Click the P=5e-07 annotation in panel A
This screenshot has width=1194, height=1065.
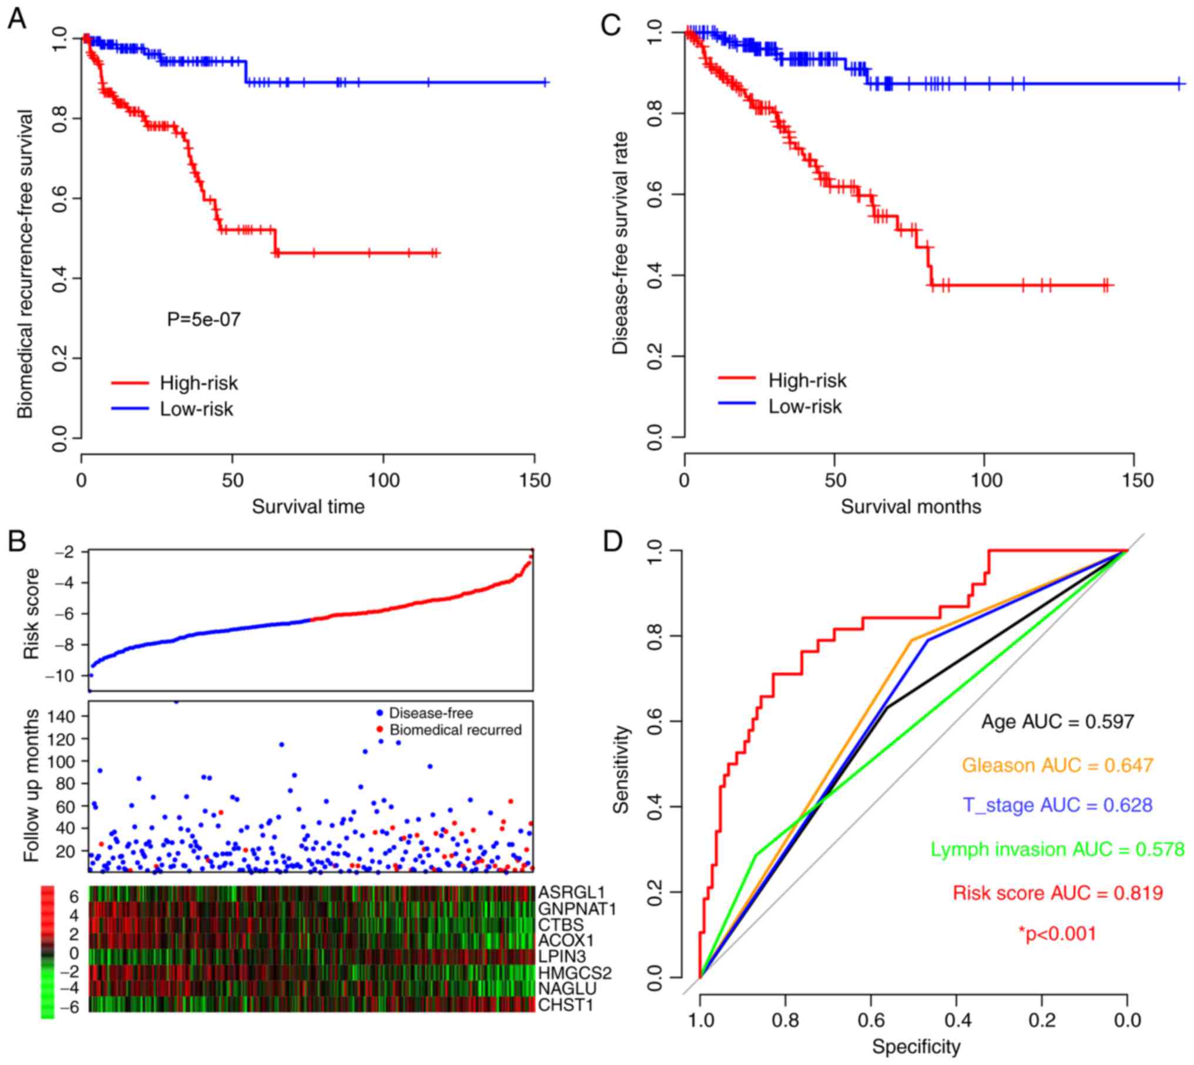pos(204,319)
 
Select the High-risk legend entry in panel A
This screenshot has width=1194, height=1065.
pos(199,383)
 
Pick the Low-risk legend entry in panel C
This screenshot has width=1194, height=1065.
pos(804,406)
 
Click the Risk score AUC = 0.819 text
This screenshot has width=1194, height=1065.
pos(1058,893)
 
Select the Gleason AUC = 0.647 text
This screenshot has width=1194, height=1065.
pos(1058,765)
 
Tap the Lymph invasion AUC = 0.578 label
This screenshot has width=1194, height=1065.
pos(1058,850)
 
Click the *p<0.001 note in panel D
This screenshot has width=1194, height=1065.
pos(1058,933)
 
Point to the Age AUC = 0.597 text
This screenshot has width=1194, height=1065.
pos(1058,722)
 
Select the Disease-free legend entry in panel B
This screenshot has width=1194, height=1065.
pos(431,713)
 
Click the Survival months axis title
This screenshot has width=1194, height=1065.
pos(911,506)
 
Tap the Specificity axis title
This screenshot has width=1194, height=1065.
pos(916,1046)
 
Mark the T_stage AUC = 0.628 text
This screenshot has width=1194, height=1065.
pos(1058,805)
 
